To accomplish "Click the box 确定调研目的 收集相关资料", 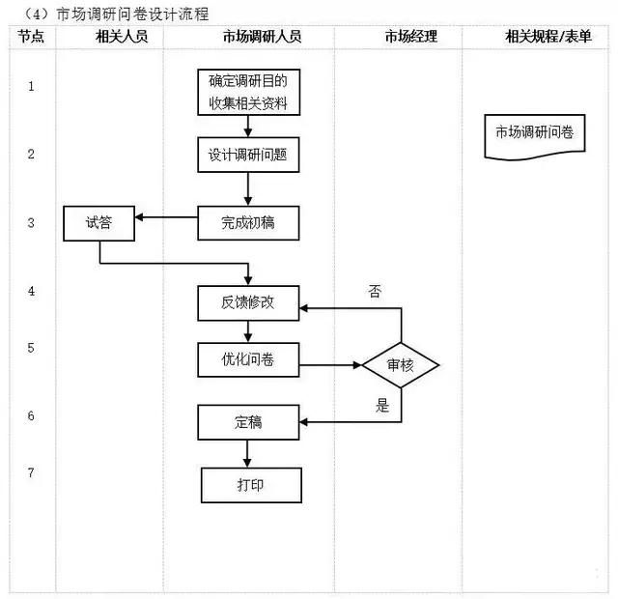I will (248, 93).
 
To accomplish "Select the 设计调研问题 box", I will (248, 155).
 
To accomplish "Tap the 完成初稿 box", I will (248, 223).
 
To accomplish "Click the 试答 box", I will (99, 223).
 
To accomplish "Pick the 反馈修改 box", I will (248, 302).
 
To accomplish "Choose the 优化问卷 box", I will (248, 360).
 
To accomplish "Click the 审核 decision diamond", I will (401, 365).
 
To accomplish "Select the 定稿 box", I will (248, 422).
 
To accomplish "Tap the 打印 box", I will (250, 485).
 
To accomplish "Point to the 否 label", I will (375, 289).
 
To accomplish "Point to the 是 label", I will (382, 406).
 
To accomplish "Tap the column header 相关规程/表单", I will (548, 37).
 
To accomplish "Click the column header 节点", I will (31, 37).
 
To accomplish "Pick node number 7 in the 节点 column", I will (31, 472).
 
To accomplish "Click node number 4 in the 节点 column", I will (31, 290).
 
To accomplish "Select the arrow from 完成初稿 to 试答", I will (166, 216).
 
